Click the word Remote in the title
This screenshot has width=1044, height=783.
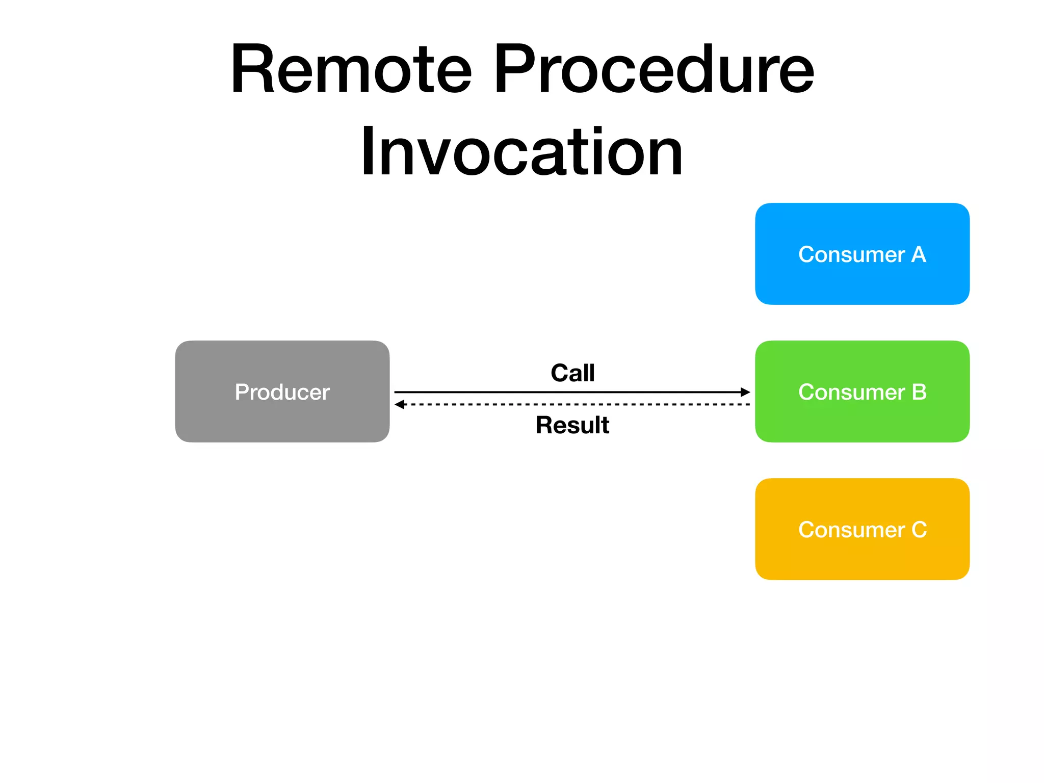[x=351, y=70]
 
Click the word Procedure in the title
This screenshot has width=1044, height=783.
[x=654, y=70]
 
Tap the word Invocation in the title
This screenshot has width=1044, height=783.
[x=521, y=151]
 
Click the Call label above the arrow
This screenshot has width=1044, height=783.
[x=572, y=373]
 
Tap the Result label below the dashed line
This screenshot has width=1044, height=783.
[x=572, y=425]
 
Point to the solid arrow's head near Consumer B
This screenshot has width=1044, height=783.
[x=745, y=392]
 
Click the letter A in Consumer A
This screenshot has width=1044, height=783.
[x=918, y=254]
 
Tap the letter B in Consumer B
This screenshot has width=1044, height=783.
[x=919, y=392]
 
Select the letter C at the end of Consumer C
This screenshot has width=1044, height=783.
[x=919, y=530]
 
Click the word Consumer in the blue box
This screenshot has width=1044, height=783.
[x=851, y=254]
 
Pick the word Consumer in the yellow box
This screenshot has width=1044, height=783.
[x=851, y=530]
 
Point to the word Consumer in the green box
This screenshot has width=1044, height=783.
[x=851, y=392]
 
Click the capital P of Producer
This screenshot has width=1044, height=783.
[x=241, y=392]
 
